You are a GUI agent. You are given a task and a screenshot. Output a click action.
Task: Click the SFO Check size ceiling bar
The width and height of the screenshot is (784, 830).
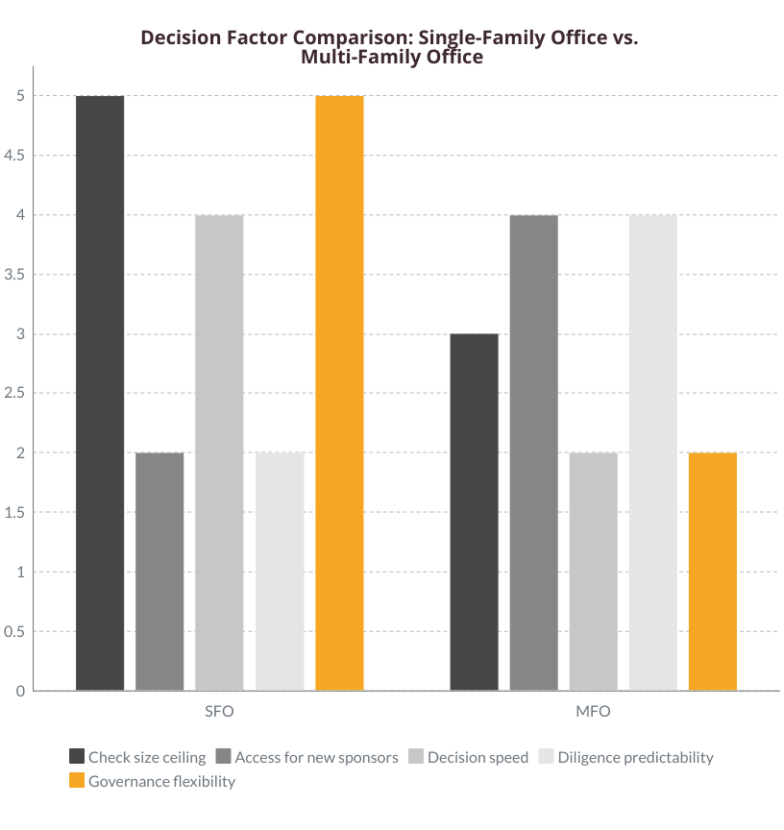100,393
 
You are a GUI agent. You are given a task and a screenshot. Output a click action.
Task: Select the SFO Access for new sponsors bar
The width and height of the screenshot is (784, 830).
159,572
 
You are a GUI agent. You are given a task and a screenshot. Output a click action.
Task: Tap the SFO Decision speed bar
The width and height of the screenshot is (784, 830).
219,452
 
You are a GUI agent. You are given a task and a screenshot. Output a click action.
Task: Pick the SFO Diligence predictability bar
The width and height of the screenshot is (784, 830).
280,572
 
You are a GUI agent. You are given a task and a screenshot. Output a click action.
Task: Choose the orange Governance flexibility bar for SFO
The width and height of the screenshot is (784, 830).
339,393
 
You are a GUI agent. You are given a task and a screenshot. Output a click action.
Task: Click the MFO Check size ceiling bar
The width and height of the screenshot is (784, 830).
475,512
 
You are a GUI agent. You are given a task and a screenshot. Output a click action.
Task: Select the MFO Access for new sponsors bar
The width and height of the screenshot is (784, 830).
534,452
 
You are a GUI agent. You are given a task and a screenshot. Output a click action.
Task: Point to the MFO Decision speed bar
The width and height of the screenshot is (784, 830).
594,572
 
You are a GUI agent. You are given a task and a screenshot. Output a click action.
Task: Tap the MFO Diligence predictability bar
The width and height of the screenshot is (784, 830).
653,452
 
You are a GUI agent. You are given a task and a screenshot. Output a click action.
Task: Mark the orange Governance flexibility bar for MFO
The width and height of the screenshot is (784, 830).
713,572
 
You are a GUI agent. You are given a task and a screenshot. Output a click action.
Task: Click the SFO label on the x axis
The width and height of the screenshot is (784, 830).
219,713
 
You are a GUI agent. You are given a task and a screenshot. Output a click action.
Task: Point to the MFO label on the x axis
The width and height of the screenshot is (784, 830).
594,713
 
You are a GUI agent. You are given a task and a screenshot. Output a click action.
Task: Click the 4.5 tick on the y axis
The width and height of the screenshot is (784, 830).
13,156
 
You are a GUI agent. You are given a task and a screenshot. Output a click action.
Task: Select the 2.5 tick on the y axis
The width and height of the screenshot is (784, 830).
13,393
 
